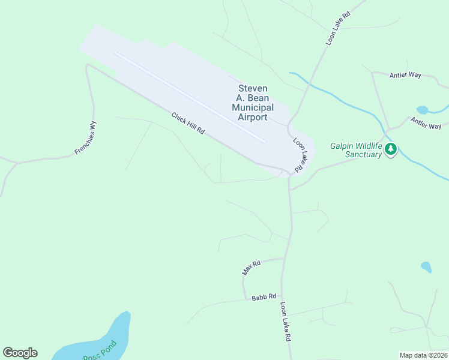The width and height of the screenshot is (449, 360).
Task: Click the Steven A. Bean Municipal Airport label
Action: click(253, 103)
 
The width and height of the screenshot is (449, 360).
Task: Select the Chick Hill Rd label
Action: click(188, 124)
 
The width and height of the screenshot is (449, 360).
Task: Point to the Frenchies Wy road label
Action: click(86, 138)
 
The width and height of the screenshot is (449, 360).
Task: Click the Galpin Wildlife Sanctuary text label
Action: click(356, 150)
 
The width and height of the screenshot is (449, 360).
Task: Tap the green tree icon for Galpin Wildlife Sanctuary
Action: click(391, 149)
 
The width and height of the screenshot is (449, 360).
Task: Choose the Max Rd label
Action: click(251, 268)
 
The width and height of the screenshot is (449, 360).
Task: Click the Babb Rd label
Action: click(264, 297)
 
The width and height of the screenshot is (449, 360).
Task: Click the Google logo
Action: click(20, 353)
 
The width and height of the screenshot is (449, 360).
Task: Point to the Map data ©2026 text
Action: click(423, 355)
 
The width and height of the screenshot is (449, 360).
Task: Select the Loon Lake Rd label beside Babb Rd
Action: click(285, 322)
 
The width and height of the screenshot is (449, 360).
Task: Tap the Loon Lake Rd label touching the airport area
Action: click(300, 154)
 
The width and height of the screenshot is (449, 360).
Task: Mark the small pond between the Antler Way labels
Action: click(423, 110)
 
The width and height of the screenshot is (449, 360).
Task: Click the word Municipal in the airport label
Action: click(253, 107)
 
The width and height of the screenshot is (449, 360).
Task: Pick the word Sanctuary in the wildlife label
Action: click(364, 155)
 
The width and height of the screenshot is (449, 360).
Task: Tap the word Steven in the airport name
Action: click(253, 88)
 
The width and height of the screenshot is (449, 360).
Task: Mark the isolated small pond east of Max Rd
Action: click(426, 266)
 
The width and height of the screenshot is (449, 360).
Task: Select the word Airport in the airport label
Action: click(253, 117)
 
